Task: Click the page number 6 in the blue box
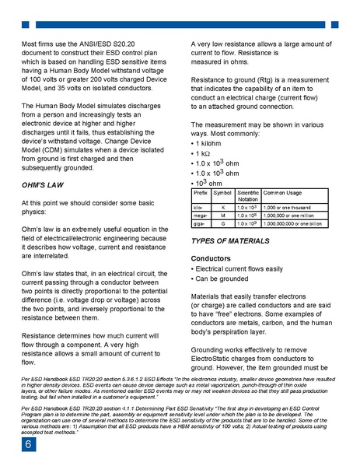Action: (27, 444)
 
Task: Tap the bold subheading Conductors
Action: (211, 258)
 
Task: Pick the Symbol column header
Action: (222, 191)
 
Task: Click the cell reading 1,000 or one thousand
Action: (286, 207)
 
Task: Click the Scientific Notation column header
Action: (248, 194)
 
